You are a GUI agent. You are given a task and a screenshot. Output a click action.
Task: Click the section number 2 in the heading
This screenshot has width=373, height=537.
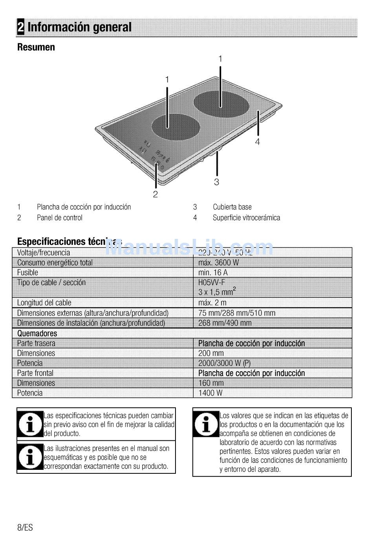click(21, 27)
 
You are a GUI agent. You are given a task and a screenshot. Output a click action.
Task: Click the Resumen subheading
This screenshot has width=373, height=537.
click(36, 48)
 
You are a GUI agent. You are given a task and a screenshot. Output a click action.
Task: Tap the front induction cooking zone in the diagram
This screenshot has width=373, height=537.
click(175, 127)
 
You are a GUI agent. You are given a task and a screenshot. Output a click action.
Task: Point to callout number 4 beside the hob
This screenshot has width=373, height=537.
click(258, 142)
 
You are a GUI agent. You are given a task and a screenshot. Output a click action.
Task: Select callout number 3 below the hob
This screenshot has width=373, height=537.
click(216, 182)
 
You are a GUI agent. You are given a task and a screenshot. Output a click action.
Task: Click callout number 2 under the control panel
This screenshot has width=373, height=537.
click(155, 194)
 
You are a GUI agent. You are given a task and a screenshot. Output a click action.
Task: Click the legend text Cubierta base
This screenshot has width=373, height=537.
click(232, 207)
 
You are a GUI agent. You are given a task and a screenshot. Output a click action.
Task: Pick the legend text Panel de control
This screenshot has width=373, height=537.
click(60, 218)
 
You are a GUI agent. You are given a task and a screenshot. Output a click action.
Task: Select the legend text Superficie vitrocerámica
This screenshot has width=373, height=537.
click(246, 218)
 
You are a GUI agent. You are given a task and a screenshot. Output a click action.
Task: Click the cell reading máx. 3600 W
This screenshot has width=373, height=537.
click(218, 263)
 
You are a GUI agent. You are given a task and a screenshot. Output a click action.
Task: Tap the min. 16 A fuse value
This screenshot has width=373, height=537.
click(213, 273)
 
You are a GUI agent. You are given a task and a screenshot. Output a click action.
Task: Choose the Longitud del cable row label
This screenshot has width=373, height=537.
click(44, 303)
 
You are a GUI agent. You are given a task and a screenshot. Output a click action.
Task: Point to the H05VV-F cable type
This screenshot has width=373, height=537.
click(212, 282)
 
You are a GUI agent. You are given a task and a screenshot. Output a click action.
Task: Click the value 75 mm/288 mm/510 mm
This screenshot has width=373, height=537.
click(237, 313)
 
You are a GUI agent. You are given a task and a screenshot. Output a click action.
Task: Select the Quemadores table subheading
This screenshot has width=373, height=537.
click(37, 334)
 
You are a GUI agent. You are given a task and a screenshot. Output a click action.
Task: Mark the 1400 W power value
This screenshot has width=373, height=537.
click(210, 393)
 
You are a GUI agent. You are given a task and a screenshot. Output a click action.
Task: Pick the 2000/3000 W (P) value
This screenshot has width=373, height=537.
click(224, 363)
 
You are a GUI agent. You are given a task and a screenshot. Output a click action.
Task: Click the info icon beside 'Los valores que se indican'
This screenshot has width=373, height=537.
click(206, 424)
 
